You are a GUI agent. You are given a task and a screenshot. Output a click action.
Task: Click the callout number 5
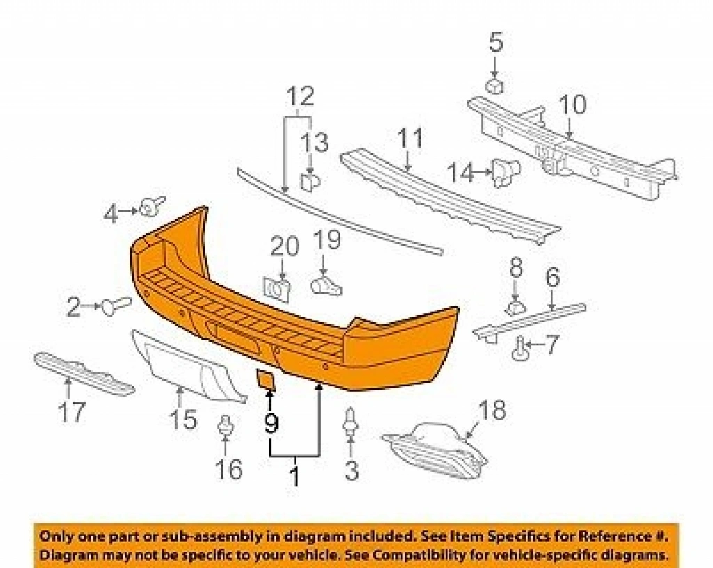(x=496, y=42)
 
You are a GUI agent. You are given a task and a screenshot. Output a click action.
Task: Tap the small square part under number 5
(x=494, y=86)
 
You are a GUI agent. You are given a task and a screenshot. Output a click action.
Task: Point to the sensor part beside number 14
(x=506, y=173)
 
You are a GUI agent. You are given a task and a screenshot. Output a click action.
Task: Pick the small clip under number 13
(x=311, y=180)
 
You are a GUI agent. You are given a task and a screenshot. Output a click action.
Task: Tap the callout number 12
(x=301, y=95)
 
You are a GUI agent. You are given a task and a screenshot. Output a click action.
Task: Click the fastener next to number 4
(x=151, y=206)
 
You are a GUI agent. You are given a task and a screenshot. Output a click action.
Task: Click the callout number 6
(x=552, y=277)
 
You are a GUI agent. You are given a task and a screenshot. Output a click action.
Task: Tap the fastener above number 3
(x=351, y=422)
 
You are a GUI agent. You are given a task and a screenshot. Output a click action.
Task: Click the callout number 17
(x=72, y=412)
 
